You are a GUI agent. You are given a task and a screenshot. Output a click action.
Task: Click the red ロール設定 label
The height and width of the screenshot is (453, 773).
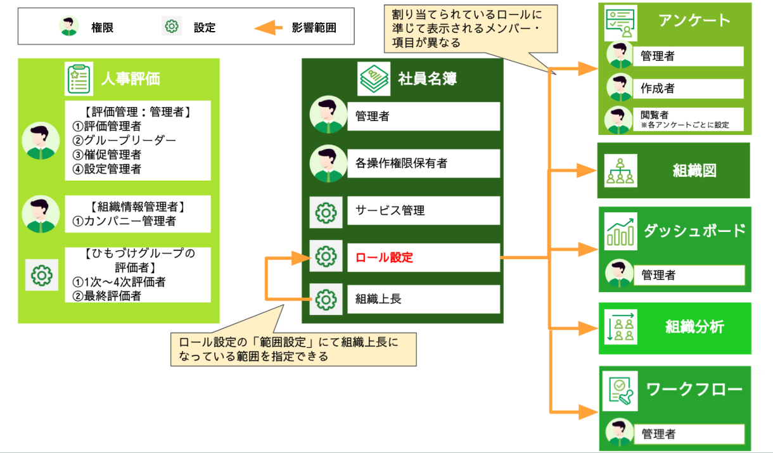[x=384, y=258]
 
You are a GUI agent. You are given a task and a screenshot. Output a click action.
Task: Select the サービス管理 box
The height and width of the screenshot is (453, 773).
[x=423, y=211]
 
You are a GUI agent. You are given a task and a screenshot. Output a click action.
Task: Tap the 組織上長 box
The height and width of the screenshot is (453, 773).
[x=423, y=299]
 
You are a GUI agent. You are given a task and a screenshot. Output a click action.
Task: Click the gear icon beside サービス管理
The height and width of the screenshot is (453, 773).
[x=326, y=212]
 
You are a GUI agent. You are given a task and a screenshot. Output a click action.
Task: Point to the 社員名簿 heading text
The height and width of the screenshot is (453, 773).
[x=428, y=79]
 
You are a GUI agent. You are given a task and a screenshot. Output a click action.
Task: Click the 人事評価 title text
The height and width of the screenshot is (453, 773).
[x=131, y=78]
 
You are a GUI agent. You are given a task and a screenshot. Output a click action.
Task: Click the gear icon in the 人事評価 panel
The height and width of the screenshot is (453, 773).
[x=42, y=274]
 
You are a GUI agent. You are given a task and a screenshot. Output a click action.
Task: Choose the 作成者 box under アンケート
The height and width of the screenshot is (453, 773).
[x=689, y=89]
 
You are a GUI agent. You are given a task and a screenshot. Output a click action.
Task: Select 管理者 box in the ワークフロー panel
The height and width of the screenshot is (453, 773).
[x=689, y=434]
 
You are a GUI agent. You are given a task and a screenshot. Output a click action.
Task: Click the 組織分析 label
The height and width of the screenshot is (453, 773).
[x=694, y=328]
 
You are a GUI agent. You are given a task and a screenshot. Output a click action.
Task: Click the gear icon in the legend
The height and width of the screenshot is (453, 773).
[x=171, y=27]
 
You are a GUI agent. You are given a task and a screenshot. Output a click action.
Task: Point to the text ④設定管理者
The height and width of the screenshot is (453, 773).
[x=106, y=169]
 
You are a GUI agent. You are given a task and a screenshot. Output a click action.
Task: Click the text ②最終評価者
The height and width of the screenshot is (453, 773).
[x=106, y=295]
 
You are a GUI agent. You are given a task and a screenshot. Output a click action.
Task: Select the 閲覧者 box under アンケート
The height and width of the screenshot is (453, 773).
[x=689, y=119]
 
